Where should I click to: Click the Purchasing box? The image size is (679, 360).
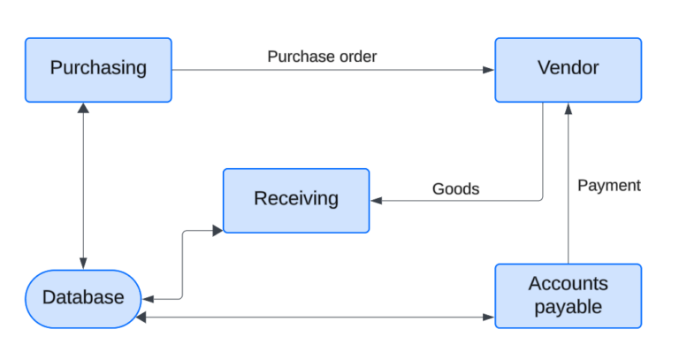point(98,69)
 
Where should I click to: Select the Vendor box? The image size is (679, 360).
point(568,69)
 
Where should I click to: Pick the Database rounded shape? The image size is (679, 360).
point(83,298)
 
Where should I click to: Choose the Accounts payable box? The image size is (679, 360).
point(568,295)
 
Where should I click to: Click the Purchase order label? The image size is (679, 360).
point(322,57)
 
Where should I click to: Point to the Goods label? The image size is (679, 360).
point(455,188)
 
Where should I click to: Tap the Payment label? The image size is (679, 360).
point(608,185)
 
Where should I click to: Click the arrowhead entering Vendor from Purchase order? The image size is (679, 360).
point(488,70)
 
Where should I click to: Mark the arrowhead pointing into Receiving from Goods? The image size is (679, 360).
point(377,201)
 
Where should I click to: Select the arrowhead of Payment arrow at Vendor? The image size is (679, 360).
point(568,108)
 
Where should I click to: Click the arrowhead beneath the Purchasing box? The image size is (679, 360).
point(83,108)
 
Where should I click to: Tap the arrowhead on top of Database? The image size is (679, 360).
point(83,264)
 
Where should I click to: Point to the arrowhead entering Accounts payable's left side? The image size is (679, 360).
point(488,316)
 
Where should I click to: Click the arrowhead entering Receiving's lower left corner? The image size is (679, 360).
point(217,230)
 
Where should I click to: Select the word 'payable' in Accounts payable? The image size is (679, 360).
point(568,307)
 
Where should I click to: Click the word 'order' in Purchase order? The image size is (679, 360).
point(354,57)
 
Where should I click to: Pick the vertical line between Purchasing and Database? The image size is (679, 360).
point(83,186)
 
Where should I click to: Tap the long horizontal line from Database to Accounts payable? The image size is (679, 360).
point(314,316)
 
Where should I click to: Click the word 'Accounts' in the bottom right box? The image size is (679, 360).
point(568,284)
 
